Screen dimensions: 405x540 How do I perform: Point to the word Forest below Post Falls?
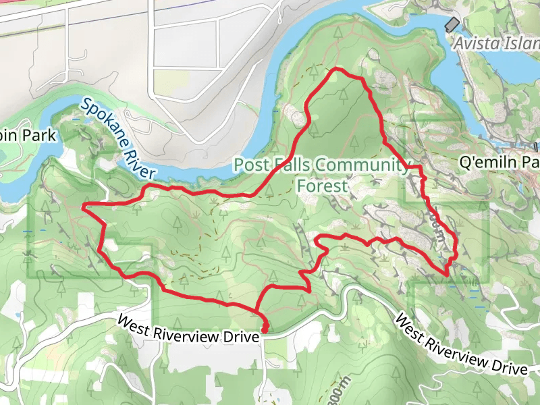pos(321,185)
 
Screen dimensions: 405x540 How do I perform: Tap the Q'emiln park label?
pos(499,163)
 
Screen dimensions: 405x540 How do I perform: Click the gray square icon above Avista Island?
pos(452,24)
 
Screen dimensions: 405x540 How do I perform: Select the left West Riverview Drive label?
pos(187,328)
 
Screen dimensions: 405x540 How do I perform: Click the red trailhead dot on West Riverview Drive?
pos(264,329)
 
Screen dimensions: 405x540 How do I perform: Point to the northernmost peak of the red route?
pos(335,69)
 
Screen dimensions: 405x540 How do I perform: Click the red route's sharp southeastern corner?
pos(448,274)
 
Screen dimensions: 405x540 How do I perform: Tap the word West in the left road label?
pos(134,321)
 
